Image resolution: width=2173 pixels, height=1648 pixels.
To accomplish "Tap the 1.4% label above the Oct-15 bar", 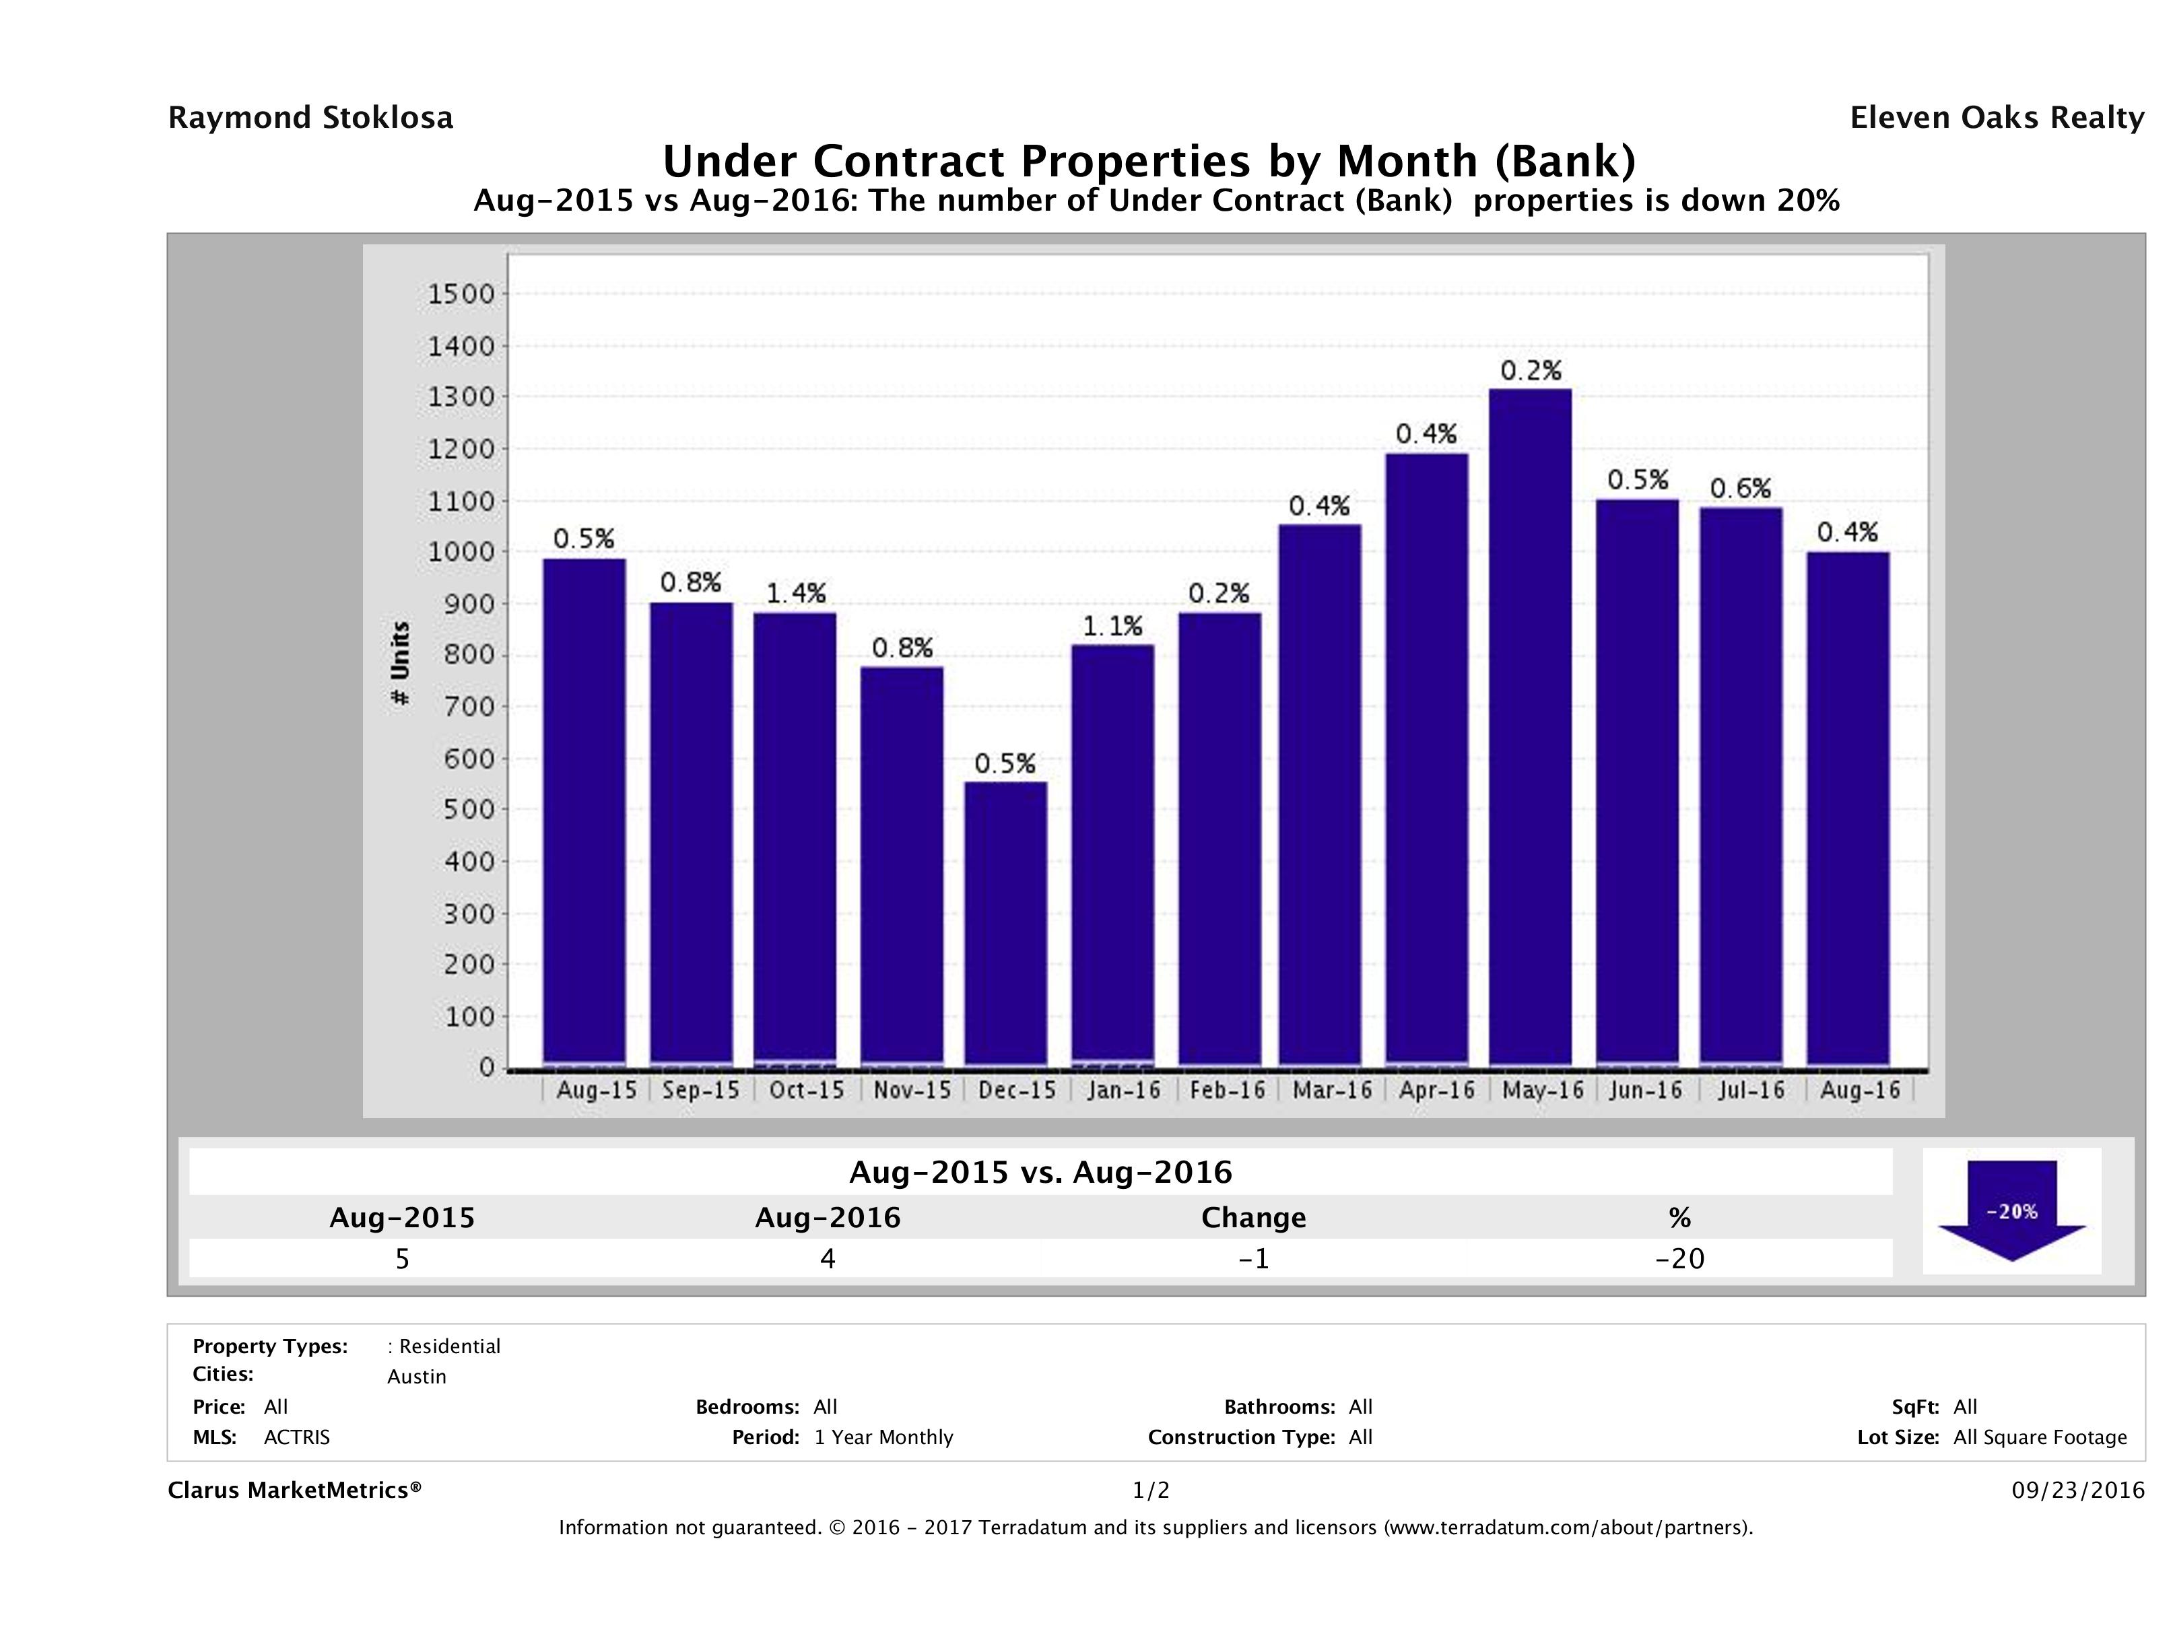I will coord(796,593).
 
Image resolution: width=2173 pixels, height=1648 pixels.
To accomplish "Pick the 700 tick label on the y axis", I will coord(467,706).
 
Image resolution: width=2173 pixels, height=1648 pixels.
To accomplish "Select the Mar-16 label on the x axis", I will coord(1332,1090).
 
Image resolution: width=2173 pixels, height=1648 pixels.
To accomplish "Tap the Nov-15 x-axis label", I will coord(912,1090).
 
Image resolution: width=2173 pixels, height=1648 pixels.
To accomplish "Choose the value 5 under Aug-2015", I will coord(402,1258).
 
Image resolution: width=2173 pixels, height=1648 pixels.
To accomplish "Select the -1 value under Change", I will coord(1254,1258).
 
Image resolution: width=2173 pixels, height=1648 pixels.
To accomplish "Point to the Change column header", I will coord(1254,1218).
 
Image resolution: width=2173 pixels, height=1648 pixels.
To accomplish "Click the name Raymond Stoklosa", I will coord(310,118).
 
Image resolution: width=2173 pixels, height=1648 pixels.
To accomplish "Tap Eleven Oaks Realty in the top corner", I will coord(1996,118).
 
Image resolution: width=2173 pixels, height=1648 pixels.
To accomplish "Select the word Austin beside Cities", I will coord(417,1376).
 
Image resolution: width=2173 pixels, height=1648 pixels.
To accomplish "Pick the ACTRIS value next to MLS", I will coord(297,1437).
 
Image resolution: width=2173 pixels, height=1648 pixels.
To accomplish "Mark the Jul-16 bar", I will coord(1741,786).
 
